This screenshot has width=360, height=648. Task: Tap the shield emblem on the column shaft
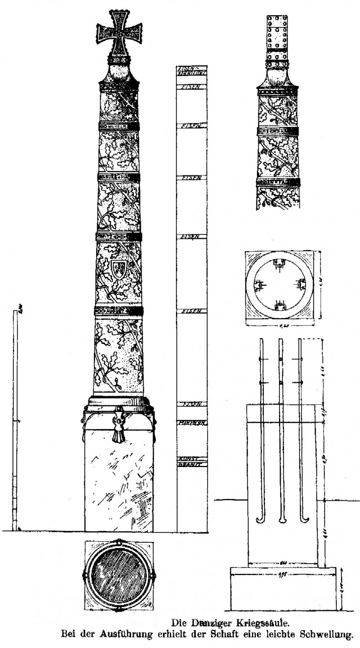pos(119,268)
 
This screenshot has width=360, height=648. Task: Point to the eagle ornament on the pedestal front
pos(118,423)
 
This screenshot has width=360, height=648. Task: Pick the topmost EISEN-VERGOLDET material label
pos(192,71)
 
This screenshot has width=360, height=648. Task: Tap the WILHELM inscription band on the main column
pos(119,127)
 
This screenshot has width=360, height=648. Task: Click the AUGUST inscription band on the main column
pos(119,312)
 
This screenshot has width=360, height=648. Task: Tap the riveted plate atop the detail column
pos(277,38)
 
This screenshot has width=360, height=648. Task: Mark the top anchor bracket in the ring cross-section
pos(280,264)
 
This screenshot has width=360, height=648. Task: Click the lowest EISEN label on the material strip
pos(192,404)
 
